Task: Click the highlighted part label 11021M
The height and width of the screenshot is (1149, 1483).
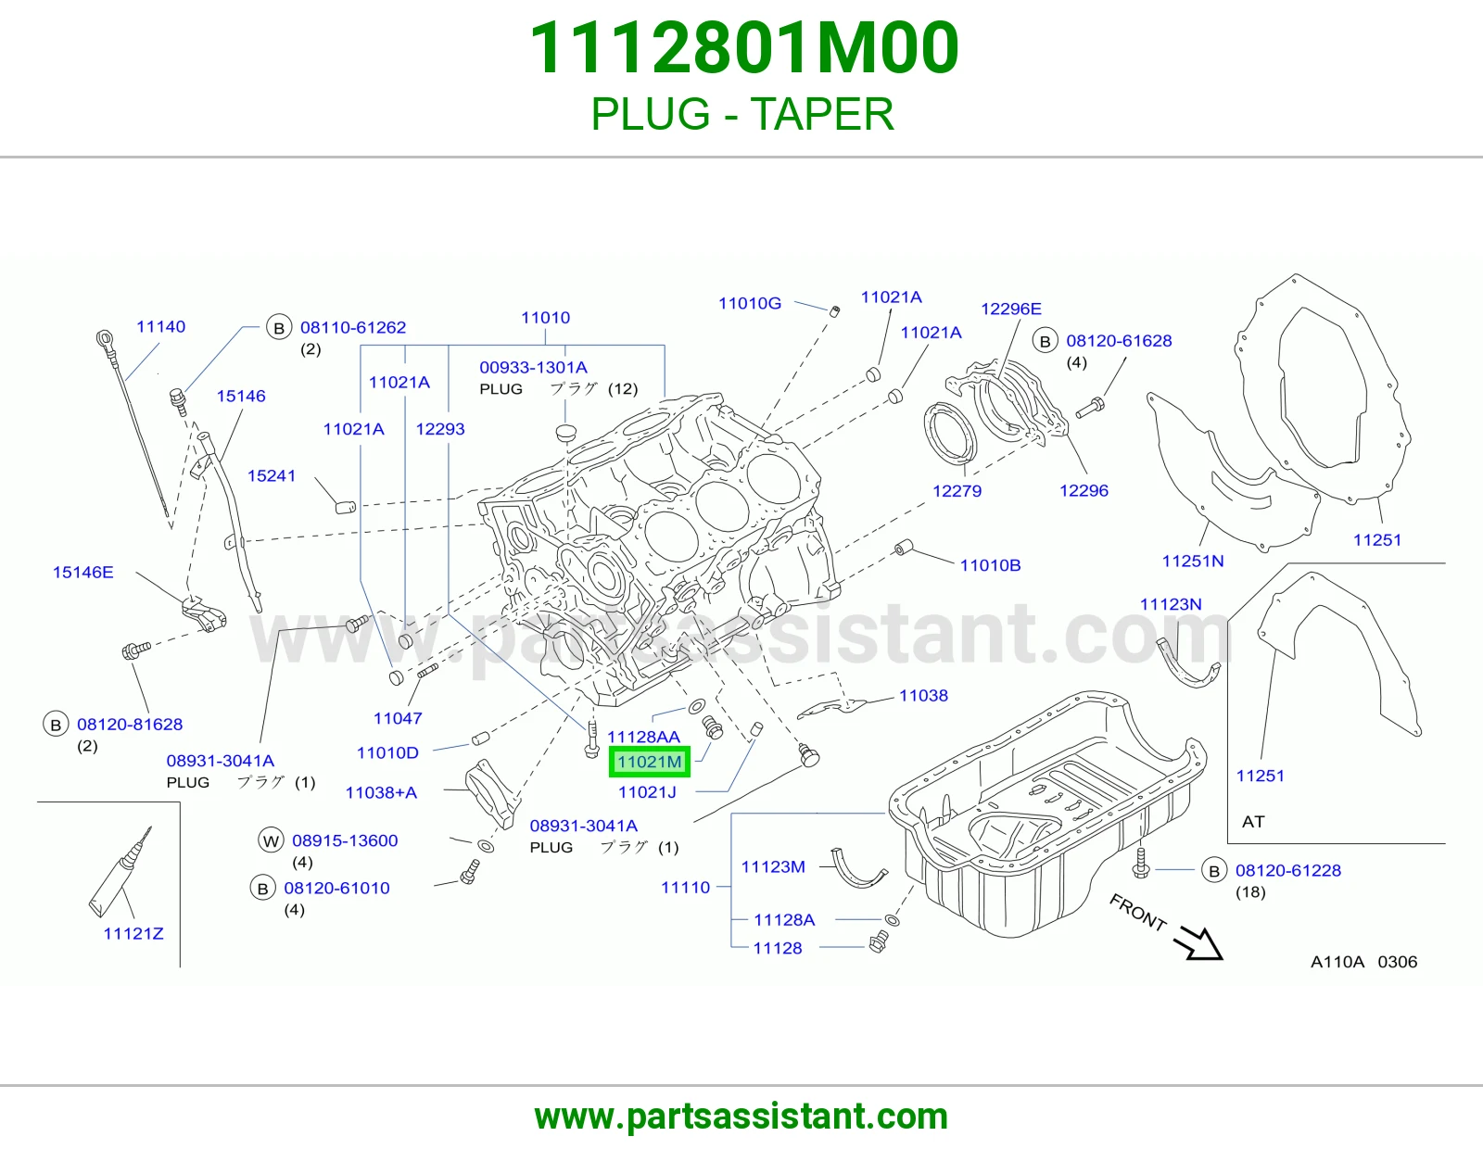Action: click(x=649, y=762)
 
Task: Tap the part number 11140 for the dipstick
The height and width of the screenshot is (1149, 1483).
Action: click(x=160, y=327)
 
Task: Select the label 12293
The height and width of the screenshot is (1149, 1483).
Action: click(x=440, y=429)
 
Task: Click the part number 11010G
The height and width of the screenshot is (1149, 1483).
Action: click(x=749, y=304)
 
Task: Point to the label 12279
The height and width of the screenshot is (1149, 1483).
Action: click(x=957, y=491)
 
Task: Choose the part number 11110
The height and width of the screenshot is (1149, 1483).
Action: click(x=685, y=888)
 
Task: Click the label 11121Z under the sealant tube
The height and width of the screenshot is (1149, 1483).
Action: click(x=133, y=934)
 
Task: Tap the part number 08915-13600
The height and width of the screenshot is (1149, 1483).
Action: click(x=345, y=840)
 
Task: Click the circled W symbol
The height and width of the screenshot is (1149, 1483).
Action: click(x=271, y=840)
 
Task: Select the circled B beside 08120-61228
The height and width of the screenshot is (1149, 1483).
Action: click(x=1214, y=871)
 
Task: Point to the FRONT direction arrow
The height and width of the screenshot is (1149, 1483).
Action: click(x=1198, y=943)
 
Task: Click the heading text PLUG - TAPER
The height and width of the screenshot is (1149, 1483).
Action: click(x=741, y=114)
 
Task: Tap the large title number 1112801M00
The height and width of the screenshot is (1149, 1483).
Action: click(x=744, y=48)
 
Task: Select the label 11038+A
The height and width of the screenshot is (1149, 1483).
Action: click(x=381, y=793)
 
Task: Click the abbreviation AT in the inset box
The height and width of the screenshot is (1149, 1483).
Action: click(x=1253, y=822)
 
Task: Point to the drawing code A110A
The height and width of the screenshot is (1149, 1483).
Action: click(x=1337, y=962)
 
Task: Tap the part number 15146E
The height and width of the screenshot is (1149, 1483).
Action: click(x=83, y=573)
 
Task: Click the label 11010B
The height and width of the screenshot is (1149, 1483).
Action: click(x=990, y=565)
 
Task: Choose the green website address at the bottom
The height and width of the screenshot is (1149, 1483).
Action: click(x=741, y=1117)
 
